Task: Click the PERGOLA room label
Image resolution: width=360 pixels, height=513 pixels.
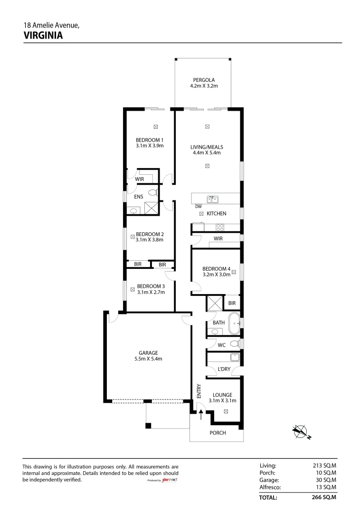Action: (x=204, y=80)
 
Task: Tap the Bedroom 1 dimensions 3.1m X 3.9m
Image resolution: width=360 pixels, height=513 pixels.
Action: (x=150, y=146)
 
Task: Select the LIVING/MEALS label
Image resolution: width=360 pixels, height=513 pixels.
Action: (x=207, y=147)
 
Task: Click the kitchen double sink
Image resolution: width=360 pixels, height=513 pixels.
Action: (x=213, y=199)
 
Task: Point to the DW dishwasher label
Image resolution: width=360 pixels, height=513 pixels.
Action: (x=199, y=207)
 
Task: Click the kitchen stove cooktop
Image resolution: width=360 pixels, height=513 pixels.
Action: (x=220, y=227)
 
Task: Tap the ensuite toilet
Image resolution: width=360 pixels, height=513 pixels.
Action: (x=153, y=192)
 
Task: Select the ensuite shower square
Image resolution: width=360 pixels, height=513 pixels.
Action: (x=152, y=208)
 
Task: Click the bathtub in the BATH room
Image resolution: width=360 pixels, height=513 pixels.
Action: (x=234, y=323)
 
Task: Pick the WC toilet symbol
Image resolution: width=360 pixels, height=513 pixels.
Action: (x=235, y=343)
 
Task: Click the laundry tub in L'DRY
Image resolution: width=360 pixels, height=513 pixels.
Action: (x=235, y=357)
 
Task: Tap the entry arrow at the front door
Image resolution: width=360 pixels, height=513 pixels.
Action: (x=201, y=415)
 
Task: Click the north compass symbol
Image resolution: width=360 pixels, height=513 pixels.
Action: (x=301, y=431)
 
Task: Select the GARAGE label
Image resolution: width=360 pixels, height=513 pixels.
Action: (x=148, y=352)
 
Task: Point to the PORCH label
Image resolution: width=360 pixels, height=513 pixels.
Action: (x=218, y=433)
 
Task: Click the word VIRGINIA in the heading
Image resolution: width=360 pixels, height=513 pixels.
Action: (x=43, y=35)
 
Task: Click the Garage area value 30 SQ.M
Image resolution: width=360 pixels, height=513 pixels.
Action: (x=325, y=480)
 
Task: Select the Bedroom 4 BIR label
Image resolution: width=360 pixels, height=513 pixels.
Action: (x=232, y=303)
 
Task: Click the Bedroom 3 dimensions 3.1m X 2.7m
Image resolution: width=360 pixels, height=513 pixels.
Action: (x=151, y=292)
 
